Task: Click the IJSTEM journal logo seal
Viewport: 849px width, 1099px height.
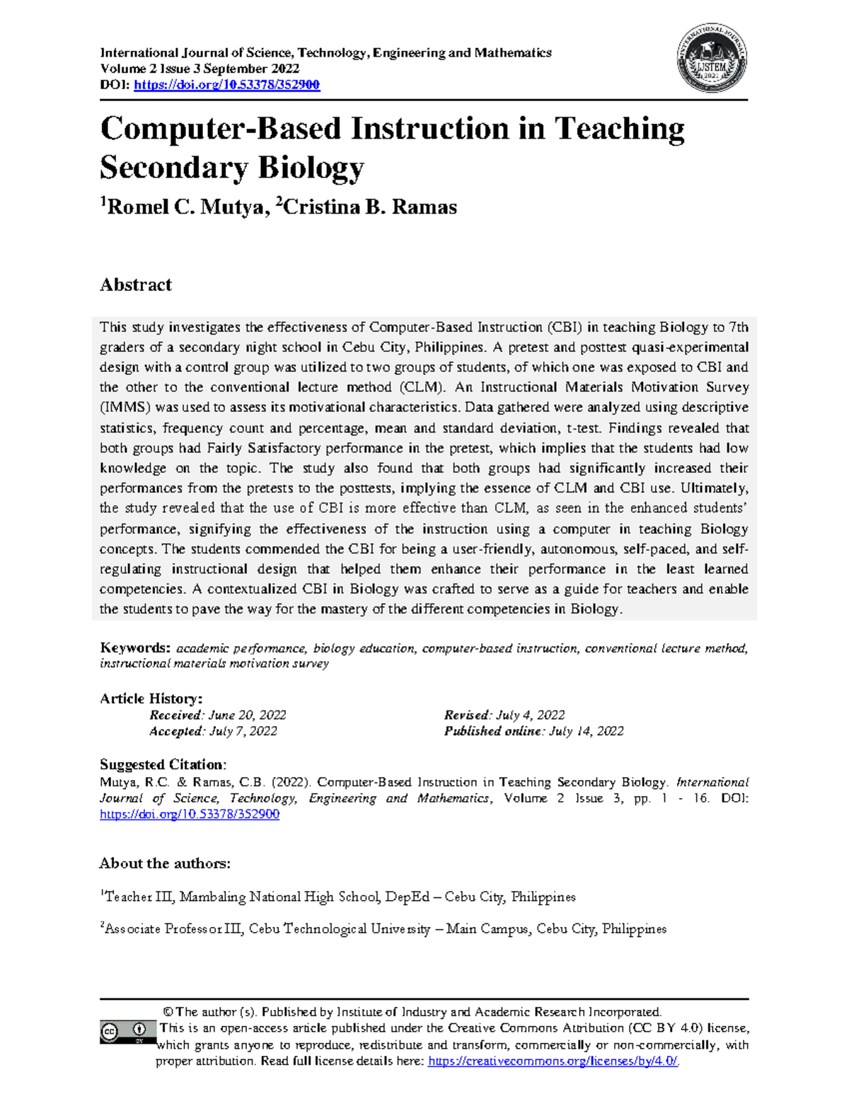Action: pos(713,59)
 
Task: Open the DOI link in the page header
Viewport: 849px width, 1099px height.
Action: pos(226,85)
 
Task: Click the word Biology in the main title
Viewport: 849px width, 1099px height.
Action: pos(311,168)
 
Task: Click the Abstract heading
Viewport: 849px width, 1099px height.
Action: pos(136,285)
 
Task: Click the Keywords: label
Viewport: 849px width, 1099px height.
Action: pos(135,648)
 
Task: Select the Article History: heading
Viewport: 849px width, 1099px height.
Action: pos(151,698)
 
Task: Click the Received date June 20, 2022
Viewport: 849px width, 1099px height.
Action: pos(248,715)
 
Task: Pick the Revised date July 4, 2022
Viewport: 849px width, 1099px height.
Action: pos(530,715)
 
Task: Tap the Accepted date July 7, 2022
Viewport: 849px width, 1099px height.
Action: pos(243,732)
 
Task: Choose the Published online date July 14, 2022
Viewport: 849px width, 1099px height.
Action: pos(586,732)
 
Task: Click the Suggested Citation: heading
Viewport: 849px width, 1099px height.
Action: pos(163,765)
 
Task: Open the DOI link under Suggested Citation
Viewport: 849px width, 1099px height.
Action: pos(190,815)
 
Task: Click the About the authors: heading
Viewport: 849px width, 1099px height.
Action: pos(165,863)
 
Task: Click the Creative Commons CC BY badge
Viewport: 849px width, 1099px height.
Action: pos(127,1032)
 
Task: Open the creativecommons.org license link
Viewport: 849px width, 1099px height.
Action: pos(553,1061)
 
